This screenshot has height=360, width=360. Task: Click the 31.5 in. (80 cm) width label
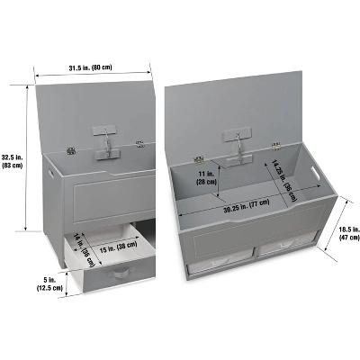point(90,67)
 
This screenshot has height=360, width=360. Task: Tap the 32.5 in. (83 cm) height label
point(12,161)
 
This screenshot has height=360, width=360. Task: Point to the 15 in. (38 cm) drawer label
point(118,247)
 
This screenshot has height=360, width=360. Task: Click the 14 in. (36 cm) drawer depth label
point(84,250)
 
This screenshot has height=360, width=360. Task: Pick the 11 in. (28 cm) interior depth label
point(206,177)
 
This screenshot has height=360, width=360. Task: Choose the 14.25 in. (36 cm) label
point(283,180)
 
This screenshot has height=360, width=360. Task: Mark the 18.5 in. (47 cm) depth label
point(349,233)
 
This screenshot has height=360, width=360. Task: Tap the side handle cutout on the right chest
point(315,174)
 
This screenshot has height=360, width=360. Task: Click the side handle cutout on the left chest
point(50,174)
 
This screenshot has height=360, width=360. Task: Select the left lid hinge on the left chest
point(71,150)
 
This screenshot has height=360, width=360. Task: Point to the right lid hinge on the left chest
point(139,144)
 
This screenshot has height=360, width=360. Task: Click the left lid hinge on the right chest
point(198,160)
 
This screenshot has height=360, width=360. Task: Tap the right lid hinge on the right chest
point(276,147)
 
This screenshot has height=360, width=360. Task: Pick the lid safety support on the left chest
point(105,142)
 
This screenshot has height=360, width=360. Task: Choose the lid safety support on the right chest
point(238,147)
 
